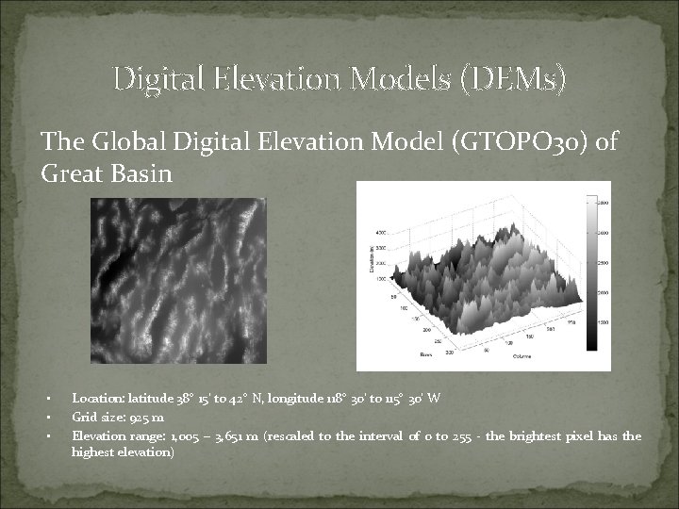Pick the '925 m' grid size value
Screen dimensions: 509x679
[150, 418]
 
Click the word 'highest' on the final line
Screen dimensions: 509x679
[91, 452]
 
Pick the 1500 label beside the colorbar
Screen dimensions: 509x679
[603, 323]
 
